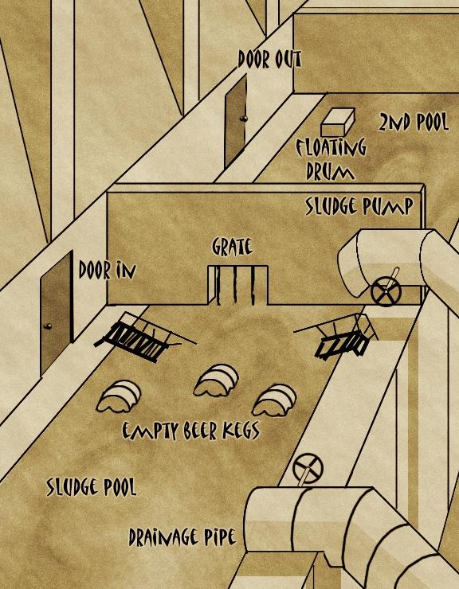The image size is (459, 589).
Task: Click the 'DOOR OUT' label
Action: [269, 60]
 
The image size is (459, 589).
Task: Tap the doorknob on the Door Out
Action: [243, 119]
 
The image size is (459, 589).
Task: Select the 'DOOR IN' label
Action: [107, 271]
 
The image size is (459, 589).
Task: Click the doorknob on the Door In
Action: [47, 326]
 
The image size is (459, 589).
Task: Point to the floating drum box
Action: [338, 122]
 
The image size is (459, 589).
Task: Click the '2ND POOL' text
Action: [413, 122]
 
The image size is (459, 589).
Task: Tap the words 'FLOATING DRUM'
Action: [331, 159]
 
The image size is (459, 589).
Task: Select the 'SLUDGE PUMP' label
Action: [359, 206]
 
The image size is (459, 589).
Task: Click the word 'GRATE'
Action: [232, 247]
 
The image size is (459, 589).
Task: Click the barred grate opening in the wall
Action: [238, 285]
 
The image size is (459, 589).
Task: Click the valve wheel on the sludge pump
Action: [386, 292]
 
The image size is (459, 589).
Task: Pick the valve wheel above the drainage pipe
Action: [308, 468]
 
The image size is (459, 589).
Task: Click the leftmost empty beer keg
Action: [119, 396]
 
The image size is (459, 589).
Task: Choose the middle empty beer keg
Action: [216, 380]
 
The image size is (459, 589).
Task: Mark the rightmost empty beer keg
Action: [274, 400]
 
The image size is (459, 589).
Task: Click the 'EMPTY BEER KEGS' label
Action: [190, 431]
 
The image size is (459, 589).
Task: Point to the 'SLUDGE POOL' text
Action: [91, 487]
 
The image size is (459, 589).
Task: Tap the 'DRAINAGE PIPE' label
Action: [182, 536]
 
